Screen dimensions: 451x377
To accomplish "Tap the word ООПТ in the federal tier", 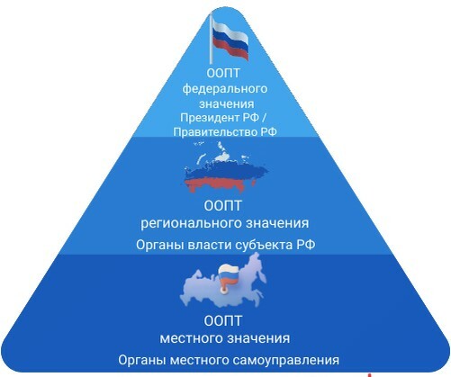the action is [x=223, y=73].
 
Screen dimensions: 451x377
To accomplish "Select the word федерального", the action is [x=225, y=89].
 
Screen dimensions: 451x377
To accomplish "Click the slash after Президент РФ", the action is [x=264, y=117].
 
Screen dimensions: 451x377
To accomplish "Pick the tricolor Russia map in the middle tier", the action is [x=226, y=167].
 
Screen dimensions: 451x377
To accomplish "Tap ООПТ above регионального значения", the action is [x=222, y=206].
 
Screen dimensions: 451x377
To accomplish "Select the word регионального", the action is [x=191, y=224].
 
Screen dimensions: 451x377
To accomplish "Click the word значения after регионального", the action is [x=277, y=223].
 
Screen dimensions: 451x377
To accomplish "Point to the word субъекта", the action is [x=264, y=246].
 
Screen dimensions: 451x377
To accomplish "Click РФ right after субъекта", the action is [x=306, y=245].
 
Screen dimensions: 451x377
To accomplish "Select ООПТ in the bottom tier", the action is [x=222, y=321].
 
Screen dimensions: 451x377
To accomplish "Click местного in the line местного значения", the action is [x=191, y=338].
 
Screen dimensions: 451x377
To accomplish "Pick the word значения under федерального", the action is [x=227, y=104].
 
